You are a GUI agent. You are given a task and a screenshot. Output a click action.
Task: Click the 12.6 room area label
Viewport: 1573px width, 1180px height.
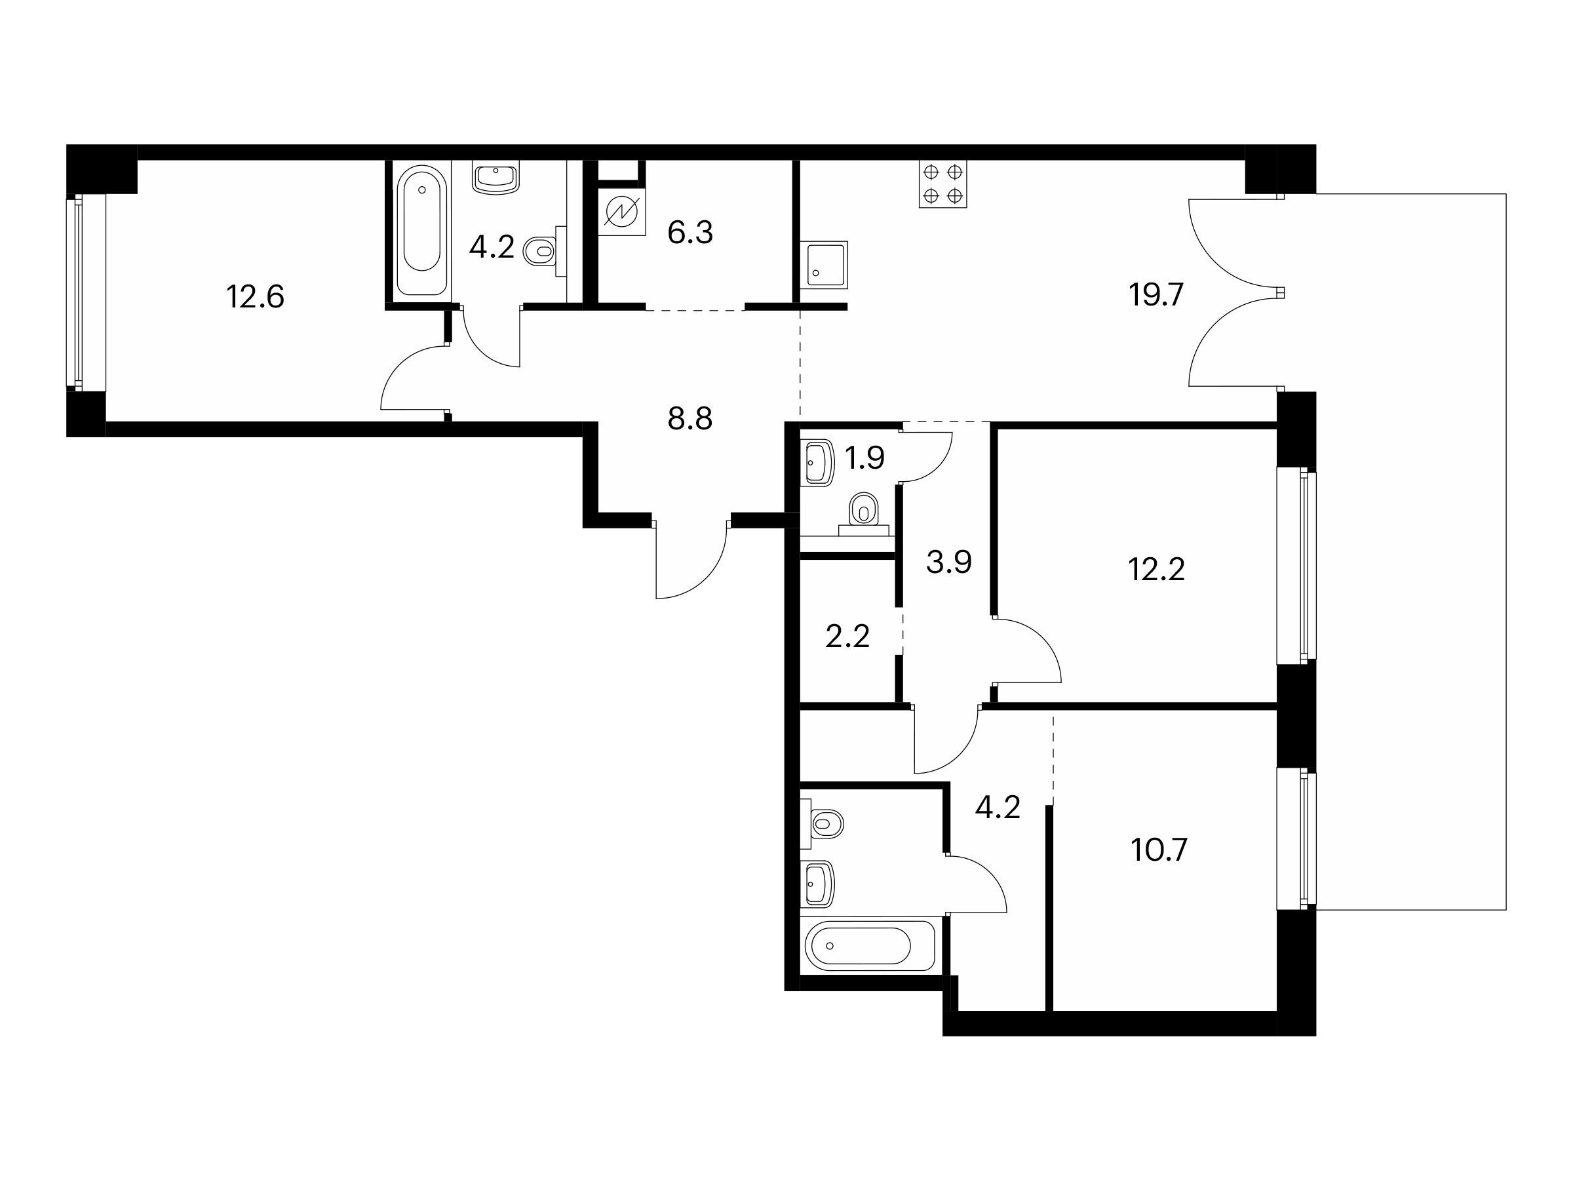256,296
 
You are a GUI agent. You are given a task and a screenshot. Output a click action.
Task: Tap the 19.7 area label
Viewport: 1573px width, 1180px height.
1156,294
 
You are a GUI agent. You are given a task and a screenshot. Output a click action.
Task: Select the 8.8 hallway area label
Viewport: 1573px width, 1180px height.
689,419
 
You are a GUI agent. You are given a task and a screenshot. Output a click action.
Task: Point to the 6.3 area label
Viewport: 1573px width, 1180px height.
689,233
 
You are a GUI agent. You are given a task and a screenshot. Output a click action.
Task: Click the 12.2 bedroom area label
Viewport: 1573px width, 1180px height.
1156,570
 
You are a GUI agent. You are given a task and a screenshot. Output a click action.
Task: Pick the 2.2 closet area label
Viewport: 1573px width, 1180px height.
847,637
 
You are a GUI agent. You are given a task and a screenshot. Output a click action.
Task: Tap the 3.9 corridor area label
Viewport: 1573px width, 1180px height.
948,562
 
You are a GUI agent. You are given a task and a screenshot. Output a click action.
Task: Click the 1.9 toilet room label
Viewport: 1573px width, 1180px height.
864,459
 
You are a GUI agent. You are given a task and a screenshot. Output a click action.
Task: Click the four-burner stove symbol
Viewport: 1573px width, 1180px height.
943,184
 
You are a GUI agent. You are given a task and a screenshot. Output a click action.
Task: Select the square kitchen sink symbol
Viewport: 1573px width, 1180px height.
825,265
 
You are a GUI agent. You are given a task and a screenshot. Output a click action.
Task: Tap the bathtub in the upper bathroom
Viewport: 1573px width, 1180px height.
421,231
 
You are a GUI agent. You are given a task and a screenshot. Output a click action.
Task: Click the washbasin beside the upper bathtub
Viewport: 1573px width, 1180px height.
495,176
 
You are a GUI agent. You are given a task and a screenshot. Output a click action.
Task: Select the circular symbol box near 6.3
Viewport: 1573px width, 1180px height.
622,212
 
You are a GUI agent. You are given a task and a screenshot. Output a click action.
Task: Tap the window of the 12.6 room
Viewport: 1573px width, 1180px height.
77,292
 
